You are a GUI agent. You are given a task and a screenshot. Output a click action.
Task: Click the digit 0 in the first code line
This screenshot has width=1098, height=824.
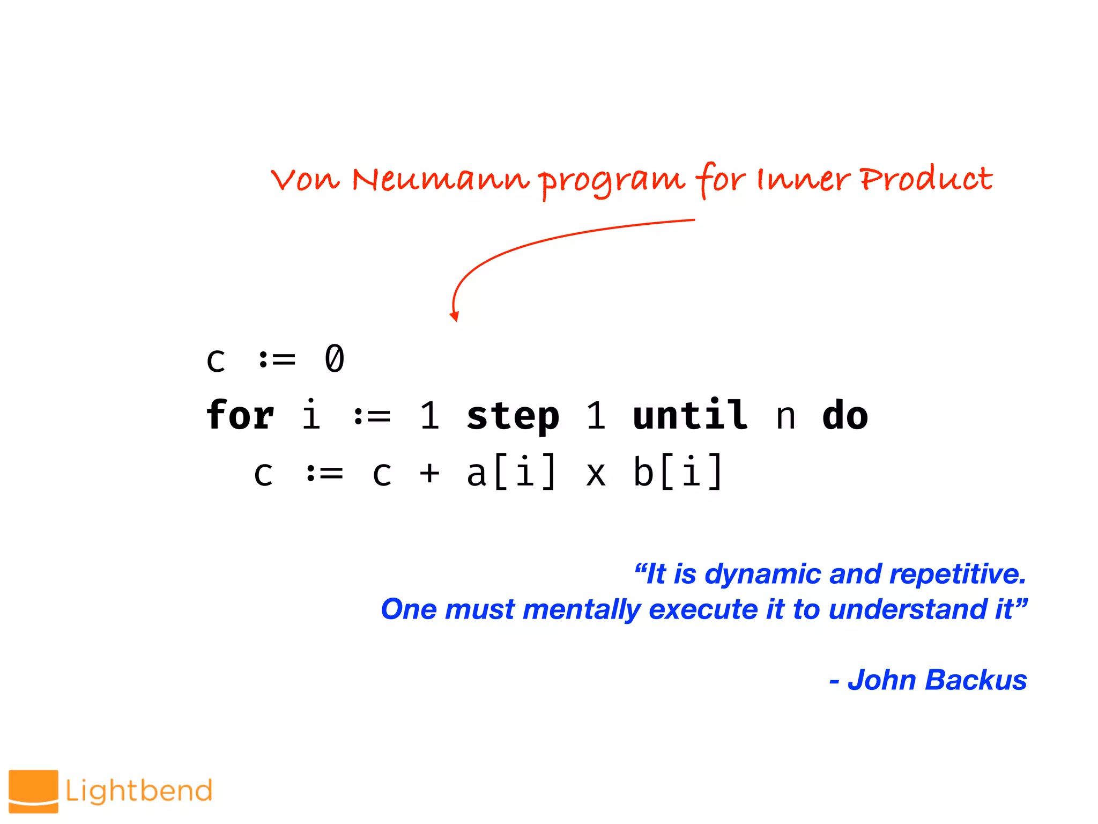pos(335,358)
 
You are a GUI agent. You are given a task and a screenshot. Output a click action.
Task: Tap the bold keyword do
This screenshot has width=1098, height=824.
pos(845,415)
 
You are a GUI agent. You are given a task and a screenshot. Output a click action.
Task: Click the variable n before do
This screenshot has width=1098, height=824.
pos(785,417)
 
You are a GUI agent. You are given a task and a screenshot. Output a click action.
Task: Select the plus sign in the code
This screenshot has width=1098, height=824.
pos(429,473)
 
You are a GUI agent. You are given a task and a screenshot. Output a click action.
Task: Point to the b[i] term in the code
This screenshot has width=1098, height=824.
pos(678,472)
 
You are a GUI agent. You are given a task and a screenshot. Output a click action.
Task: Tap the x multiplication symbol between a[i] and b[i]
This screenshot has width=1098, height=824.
pos(596,475)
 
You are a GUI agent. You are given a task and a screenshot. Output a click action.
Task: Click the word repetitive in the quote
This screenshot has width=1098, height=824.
pos(958,574)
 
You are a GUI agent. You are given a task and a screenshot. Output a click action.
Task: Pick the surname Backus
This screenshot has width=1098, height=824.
pos(976,680)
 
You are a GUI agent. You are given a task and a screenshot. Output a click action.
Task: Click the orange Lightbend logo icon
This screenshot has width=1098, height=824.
pos(33,791)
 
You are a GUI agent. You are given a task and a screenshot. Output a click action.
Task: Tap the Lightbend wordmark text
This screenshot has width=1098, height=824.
pos(139,791)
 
